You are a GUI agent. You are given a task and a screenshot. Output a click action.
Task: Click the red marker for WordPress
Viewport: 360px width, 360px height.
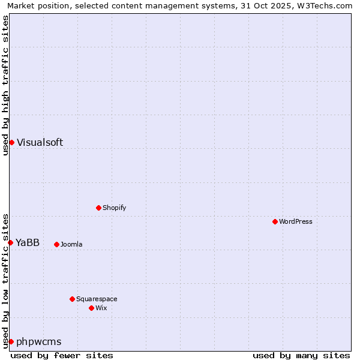[275, 221]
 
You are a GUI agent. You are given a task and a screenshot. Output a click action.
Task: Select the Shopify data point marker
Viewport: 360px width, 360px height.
[99, 208]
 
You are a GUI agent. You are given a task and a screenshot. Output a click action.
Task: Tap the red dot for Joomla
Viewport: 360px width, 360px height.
[57, 244]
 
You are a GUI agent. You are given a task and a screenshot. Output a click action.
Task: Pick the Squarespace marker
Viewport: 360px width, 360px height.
[73, 299]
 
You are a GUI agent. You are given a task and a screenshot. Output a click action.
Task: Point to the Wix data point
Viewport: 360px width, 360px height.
[92, 308]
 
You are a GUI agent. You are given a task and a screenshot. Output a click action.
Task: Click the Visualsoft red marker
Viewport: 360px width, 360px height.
[11, 142]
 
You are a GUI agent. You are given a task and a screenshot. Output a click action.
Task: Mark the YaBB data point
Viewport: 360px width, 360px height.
[11, 242]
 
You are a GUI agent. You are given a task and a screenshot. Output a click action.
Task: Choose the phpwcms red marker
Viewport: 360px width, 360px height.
[11, 341]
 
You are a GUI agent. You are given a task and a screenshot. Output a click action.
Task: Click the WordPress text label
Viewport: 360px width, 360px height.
[296, 221]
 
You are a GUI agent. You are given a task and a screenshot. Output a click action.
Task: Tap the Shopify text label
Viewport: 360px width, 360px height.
[115, 208]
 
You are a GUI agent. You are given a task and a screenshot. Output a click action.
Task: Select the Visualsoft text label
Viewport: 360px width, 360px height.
[40, 142]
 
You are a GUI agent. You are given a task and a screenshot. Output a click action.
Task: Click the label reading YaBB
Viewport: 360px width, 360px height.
[28, 242]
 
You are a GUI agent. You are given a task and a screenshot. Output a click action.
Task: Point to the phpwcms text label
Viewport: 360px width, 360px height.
[39, 341]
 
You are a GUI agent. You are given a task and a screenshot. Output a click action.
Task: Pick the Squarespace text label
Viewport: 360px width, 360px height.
[97, 299]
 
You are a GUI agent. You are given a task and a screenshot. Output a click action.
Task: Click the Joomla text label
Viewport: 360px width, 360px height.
[71, 244]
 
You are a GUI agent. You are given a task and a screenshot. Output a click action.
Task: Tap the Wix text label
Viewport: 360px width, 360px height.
[101, 308]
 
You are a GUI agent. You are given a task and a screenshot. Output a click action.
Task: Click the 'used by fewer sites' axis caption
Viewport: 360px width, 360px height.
[62, 355]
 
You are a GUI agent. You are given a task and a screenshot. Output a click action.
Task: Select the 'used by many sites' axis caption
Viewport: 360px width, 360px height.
[301, 355]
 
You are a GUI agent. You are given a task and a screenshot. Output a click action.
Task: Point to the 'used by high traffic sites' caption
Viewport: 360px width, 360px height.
[5, 85]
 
